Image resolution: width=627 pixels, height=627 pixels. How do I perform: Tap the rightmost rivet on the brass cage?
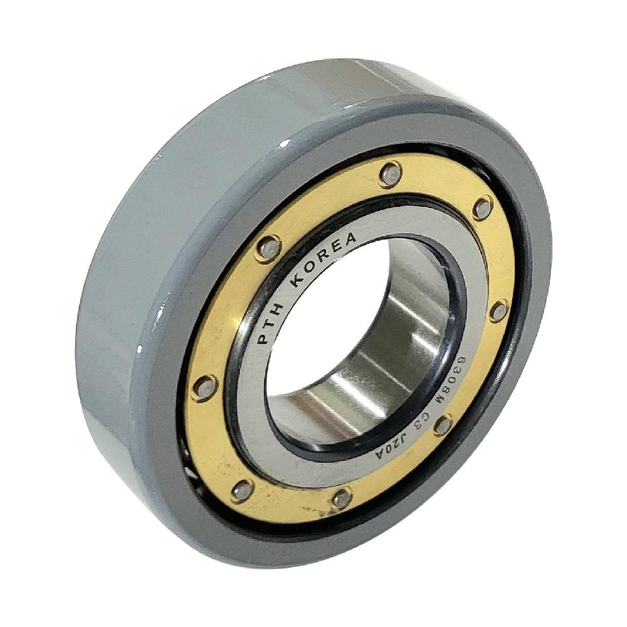click(498, 310)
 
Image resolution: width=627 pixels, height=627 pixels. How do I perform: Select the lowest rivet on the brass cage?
click(342, 498)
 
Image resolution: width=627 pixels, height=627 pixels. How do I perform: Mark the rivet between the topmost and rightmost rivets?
click(482, 208)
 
